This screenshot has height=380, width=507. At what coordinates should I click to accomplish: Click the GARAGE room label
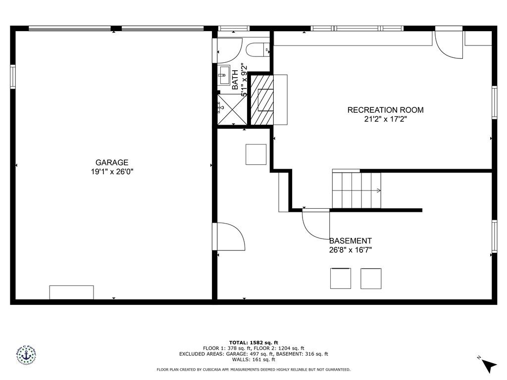[x=112, y=162]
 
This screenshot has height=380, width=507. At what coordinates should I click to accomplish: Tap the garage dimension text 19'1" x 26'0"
[x=112, y=172]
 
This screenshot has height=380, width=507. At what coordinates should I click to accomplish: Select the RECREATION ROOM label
[x=385, y=110]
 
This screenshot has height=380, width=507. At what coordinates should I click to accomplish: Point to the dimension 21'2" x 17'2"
[x=385, y=119]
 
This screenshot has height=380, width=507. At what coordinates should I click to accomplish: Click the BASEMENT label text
[x=351, y=241]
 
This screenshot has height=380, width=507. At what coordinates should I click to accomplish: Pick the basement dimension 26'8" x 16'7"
[x=351, y=250]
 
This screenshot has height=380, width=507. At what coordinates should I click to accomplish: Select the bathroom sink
[x=223, y=76]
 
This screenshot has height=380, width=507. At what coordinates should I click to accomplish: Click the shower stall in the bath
[x=232, y=109]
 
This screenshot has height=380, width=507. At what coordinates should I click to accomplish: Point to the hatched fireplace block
[x=261, y=99]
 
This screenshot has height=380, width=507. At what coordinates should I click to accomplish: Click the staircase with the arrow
[x=356, y=190]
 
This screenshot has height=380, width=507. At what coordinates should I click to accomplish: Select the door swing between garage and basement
[x=229, y=237]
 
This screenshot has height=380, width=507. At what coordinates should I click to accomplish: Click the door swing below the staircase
[x=316, y=224]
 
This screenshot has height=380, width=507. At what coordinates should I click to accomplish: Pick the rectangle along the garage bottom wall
[x=71, y=292]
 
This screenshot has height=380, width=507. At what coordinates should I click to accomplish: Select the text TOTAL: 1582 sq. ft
[x=253, y=342]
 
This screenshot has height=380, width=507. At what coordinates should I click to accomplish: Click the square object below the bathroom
[x=256, y=154]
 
